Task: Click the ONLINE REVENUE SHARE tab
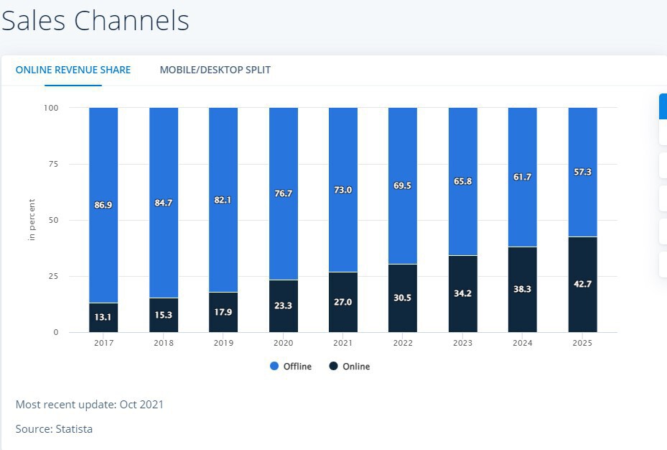tap(73, 70)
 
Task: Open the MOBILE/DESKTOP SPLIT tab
tap(215, 70)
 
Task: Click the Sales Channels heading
tap(95, 21)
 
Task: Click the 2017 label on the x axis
tap(103, 343)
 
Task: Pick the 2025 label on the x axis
tap(582, 343)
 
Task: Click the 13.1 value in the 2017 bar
tap(103, 317)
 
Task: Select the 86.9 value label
tap(103, 205)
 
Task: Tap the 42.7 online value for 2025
tap(582, 284)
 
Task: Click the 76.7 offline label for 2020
tap(283, 193)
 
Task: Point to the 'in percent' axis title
tap(32, 219)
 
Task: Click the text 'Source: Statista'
tap(54, 429)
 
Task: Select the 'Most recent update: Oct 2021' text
tap(90, 405)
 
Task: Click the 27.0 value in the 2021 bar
tap(343, 302)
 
